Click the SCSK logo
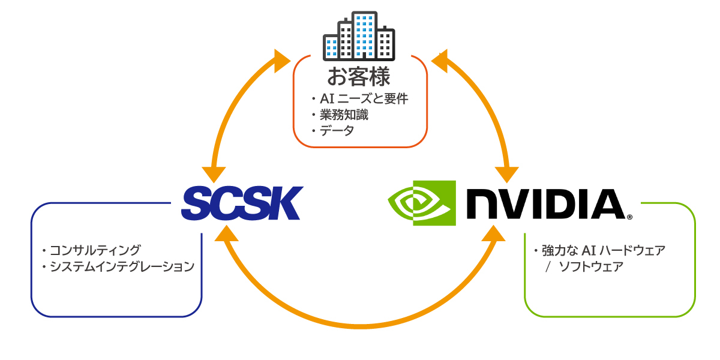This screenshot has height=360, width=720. (241, 203)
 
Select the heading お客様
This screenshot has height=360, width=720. (359, 77)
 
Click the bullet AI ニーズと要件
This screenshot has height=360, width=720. (360, 99)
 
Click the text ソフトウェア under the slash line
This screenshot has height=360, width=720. (590, 266)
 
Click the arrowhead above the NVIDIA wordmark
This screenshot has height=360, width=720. (508, 172)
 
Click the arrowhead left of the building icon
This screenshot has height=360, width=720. (281, 61)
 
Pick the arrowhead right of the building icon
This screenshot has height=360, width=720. (440, 61)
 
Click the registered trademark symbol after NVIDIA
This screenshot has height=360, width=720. (629, 217)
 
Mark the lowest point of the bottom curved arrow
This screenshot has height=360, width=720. (359, 327)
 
